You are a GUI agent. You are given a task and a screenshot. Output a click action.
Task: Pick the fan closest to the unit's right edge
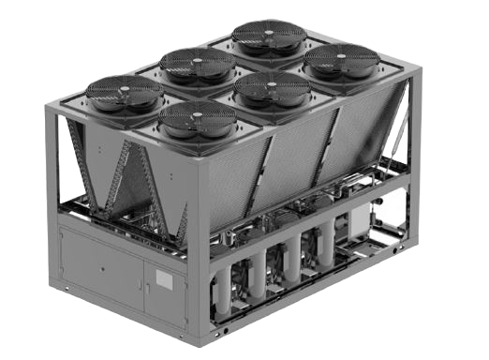[x=341, y=60]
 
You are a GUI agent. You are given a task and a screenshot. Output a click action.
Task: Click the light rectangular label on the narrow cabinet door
[x=165, y=278]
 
